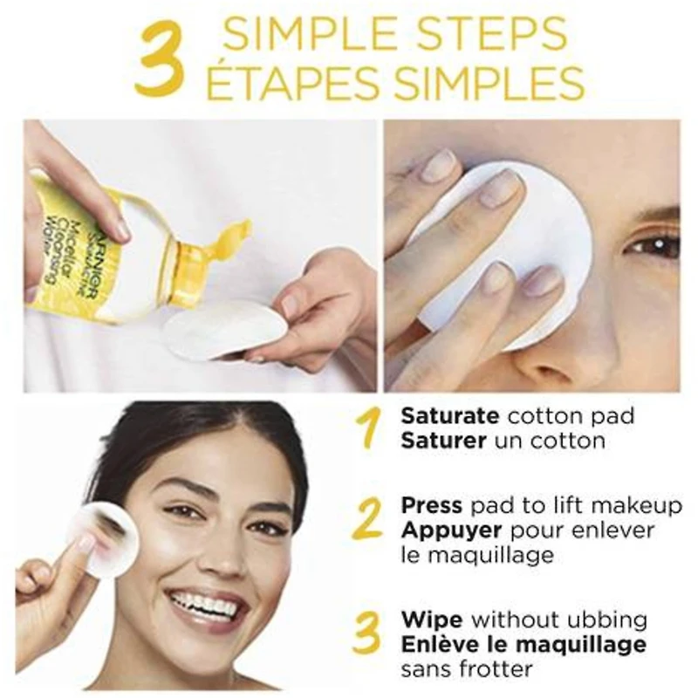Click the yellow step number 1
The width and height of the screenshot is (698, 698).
click(x=370, y=428)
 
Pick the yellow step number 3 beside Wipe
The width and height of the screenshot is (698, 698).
click(x=370, y=633)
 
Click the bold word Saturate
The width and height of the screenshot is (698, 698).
click(x=450, y=416)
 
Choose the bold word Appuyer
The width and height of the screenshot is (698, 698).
click(x=451, y=530)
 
